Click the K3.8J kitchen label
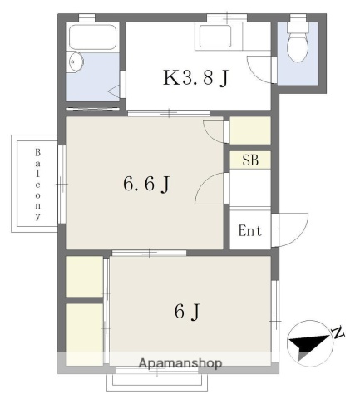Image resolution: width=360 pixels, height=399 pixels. coord(196,79)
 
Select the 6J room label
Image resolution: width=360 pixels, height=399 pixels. coord(187,312)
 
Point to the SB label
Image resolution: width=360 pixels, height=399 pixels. coord(249,160)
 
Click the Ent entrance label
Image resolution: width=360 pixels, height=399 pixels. coord(249,232)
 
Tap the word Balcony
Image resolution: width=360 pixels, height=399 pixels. coord(38,185)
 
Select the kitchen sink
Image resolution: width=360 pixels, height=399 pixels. coord(217,38)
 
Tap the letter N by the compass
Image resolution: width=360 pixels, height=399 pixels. coord(338,333)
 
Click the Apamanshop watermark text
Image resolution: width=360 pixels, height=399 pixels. coord(180,363)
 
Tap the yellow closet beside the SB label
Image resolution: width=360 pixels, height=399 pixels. coord(249,131)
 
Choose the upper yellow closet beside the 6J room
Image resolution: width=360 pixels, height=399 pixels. coord(83,276)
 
